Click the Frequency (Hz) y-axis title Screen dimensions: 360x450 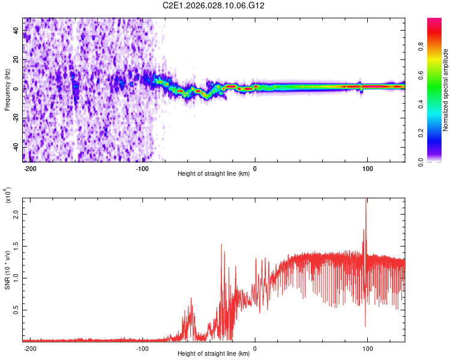coord(7,90)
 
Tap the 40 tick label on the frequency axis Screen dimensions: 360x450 coord(16,31)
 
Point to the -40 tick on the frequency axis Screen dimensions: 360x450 coord(16,147)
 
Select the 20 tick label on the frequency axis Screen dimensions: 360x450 coord(16,60)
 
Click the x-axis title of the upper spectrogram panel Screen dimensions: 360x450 coord(214,175)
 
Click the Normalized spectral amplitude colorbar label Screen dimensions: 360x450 coord(446,90)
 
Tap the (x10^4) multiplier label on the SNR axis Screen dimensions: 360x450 coord(7,195)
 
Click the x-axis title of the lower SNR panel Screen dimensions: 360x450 coord(214,355)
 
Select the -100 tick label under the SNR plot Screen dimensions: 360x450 coord(142,349)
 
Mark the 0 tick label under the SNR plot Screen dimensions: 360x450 coord(255,349)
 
